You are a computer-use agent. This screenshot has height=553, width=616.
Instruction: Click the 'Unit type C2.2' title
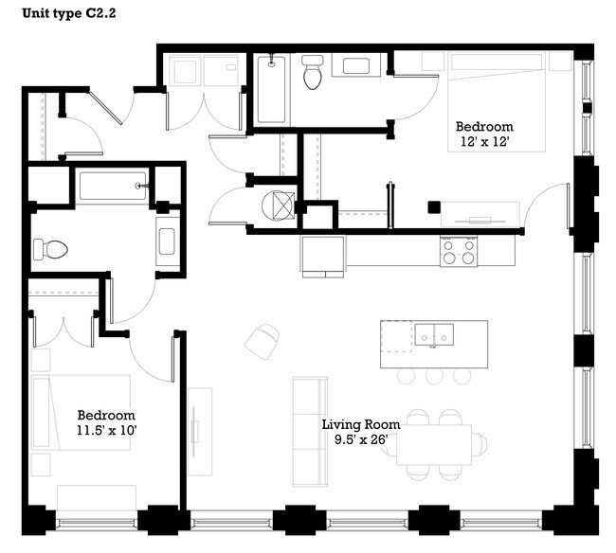coord(65,15)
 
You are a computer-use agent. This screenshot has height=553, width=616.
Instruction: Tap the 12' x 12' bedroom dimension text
coord(483,143)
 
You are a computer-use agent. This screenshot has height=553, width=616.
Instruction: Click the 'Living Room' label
coord(360,424)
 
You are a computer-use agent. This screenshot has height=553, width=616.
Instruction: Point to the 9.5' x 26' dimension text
coord(360,439)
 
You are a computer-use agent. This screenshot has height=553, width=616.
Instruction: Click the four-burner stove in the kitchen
coord(458,251)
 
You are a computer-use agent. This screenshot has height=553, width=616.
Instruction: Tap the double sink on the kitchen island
coord(434,335)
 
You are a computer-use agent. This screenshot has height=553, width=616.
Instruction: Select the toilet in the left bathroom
coord(51,249)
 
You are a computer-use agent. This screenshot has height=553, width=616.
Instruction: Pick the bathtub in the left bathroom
coord(113,186)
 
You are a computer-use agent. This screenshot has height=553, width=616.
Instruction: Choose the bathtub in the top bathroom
coord(271,90)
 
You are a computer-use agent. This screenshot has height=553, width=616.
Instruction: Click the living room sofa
coord(309,431)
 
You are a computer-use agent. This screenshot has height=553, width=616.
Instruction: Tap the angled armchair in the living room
coord(263,340)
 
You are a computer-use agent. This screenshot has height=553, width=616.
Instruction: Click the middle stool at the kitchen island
coord(434,376)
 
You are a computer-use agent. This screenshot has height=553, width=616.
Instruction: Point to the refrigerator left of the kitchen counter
coord(322,255)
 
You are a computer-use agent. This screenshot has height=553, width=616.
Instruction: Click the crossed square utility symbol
coord(279,205)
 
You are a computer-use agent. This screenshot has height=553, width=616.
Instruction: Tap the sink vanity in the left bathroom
coord(168,241)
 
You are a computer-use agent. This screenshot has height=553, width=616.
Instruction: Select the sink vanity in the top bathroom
coord(359,65)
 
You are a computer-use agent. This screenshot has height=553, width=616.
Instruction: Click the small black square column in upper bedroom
coord(433,207)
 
